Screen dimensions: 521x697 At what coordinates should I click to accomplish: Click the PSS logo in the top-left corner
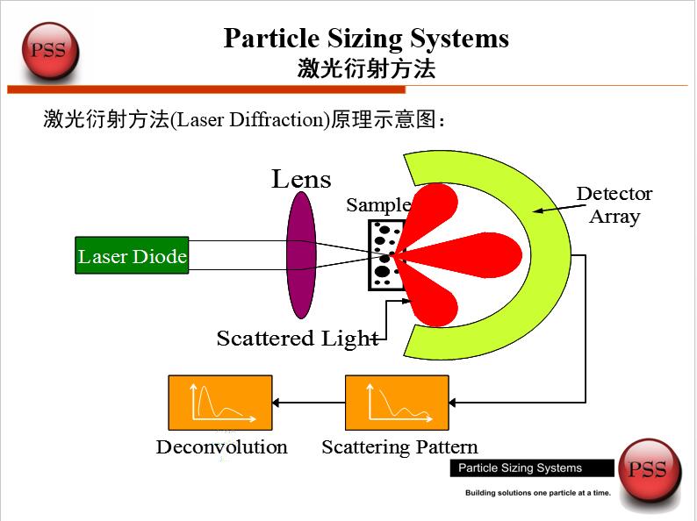(x=48, y=50)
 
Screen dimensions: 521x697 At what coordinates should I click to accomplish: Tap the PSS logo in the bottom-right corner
(x=648, y=471)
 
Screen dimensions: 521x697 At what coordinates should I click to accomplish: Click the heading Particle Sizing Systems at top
(x=366, y=39)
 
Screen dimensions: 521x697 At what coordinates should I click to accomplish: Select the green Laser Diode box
(x=132, y=256)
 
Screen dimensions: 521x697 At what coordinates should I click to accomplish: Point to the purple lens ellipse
(x=301, y=254)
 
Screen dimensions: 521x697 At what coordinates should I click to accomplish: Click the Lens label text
(x=301, y=179)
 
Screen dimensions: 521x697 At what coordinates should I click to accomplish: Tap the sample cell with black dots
(x=383, y=255)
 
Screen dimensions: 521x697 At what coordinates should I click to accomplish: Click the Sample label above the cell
(x=377, y=205)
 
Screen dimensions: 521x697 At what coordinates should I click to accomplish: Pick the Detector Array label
(x=614, y=204)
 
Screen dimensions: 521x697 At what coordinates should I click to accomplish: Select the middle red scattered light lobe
(x=465, y=255)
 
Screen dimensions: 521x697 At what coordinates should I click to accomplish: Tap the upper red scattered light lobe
(x=435, y=208)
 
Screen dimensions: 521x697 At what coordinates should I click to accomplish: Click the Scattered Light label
(x=297, y=339)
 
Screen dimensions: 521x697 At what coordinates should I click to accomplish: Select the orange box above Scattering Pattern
(x=397, y=403)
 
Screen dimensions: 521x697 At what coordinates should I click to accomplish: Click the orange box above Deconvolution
(x=220, y=403)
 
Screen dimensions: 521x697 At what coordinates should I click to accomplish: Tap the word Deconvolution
(x=221, y=447)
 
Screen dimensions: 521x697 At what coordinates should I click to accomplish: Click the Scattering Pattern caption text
(x=399, y=447)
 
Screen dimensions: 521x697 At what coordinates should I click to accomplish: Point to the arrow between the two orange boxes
(x=308, y=403)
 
